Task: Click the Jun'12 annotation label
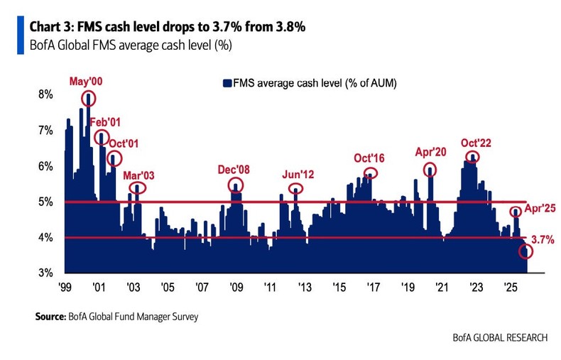[x=298, y=173]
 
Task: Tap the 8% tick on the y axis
[x=45, y=95]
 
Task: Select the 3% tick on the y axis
[x=45, y=273]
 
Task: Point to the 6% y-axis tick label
[x=45, y=166]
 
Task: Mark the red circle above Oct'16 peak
[x=370, y=173]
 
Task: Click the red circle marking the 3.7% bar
[x=526, y=251]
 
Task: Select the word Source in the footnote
[x=50, y=317]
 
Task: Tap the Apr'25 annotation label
[x=538, y=210]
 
